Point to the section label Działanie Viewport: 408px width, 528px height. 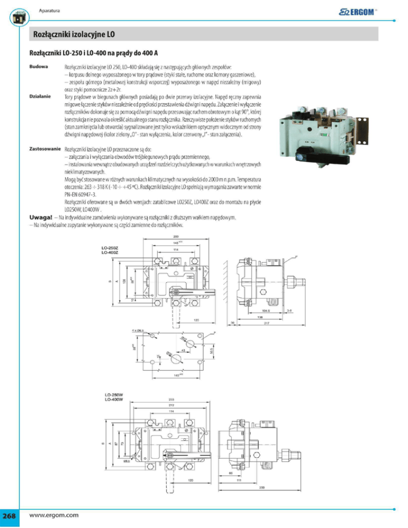[39, 97]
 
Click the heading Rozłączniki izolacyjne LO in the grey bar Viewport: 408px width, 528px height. [74, 35]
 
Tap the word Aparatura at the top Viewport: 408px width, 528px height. [49, 11]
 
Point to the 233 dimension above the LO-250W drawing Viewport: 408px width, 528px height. [172, 399]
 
